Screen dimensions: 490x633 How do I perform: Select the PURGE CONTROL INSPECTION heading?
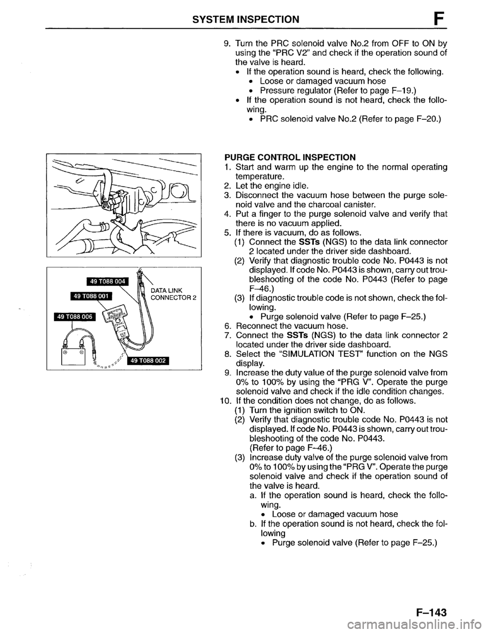coord(290,157)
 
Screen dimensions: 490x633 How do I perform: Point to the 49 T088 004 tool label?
coord(108,282)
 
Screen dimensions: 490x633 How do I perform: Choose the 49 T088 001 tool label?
coord(91,297)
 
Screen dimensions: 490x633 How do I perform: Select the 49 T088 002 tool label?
coord(148,361)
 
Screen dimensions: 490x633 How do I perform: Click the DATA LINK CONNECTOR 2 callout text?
coord(173,294)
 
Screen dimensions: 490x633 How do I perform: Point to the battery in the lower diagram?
coord(72,356)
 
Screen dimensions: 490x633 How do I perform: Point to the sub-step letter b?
coord(253,524)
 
